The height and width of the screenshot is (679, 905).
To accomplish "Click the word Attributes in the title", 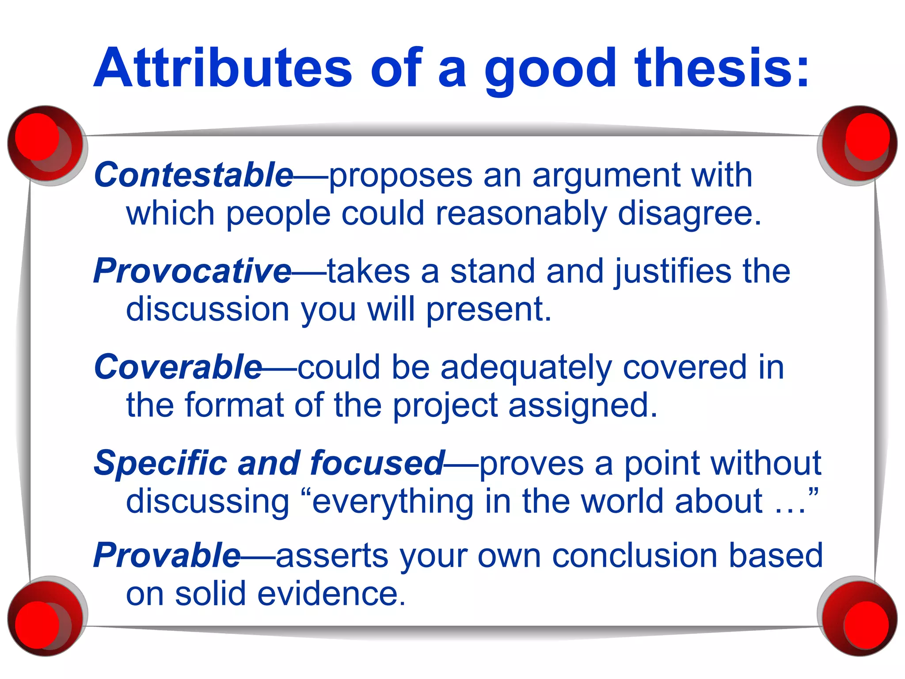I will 223,69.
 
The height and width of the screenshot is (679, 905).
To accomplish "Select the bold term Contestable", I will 194,175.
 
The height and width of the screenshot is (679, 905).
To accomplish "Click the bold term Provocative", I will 192,271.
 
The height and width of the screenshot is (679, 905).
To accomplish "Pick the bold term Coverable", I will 178,367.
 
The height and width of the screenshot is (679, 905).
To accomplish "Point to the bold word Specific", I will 160,463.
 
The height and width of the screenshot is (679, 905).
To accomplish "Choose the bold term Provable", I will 167,555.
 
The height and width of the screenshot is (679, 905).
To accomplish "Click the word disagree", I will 689,214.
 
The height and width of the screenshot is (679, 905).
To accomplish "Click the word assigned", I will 582,406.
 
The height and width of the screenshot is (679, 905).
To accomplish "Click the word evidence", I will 331,594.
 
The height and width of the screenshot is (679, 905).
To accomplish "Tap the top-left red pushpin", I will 44,144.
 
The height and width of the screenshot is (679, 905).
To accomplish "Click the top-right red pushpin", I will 859,144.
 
